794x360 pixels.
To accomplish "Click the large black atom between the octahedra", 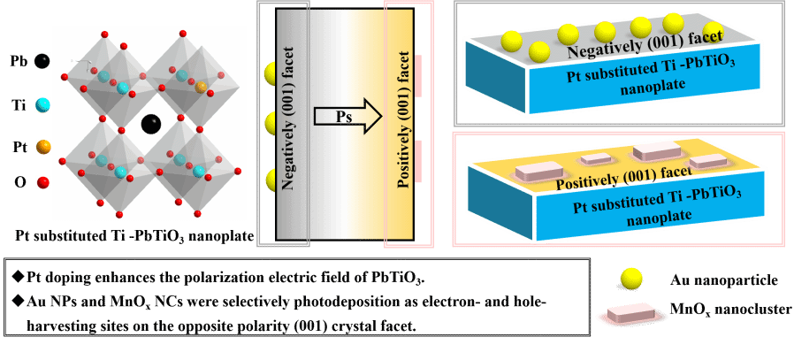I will click(152, 124).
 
